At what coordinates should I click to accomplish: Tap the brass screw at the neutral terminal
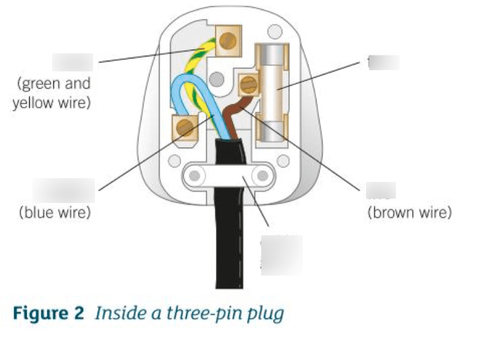pos(185,128)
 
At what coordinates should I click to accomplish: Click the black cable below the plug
pos(229,248)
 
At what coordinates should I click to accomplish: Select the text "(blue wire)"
pos(55,213)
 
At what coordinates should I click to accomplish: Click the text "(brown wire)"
pos(410,213)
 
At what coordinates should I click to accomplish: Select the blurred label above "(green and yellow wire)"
pos(73,62)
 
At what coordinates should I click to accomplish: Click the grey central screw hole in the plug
pos(217,79)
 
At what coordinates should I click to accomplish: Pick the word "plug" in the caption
pos(266,314)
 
